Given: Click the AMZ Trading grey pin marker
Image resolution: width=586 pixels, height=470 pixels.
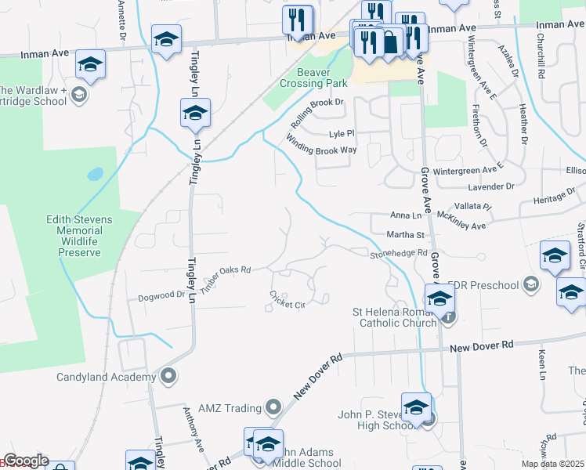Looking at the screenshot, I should [273, 407].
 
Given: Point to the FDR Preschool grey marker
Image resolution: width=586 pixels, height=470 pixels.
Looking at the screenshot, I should [533, 284].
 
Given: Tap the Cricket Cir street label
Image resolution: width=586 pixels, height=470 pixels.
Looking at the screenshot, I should [287, 299].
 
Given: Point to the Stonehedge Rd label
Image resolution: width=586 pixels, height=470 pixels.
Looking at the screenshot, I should [399, 254].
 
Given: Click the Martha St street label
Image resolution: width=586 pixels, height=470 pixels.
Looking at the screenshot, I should [405, 234].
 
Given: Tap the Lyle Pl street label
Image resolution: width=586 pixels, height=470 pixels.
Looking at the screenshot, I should [342, 133].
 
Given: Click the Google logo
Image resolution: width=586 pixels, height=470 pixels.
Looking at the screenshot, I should [25, 461].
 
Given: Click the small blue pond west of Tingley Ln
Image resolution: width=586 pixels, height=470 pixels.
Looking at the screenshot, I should [95, 173].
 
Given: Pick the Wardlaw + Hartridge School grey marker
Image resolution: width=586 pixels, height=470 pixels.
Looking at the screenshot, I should [78, 95].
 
